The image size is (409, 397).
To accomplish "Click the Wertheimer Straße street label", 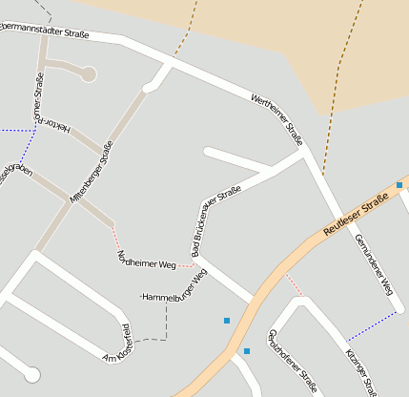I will point(277,120).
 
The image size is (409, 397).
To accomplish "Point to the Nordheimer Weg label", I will point(146,260).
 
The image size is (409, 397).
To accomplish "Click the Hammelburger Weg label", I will point(174,288).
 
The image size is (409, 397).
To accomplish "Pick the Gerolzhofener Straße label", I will point(291,361).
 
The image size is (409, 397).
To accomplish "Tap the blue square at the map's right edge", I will point(399,184).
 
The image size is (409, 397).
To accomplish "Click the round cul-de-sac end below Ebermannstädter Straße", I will point(89,73).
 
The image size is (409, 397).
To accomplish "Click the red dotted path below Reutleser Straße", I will point(294,283).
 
